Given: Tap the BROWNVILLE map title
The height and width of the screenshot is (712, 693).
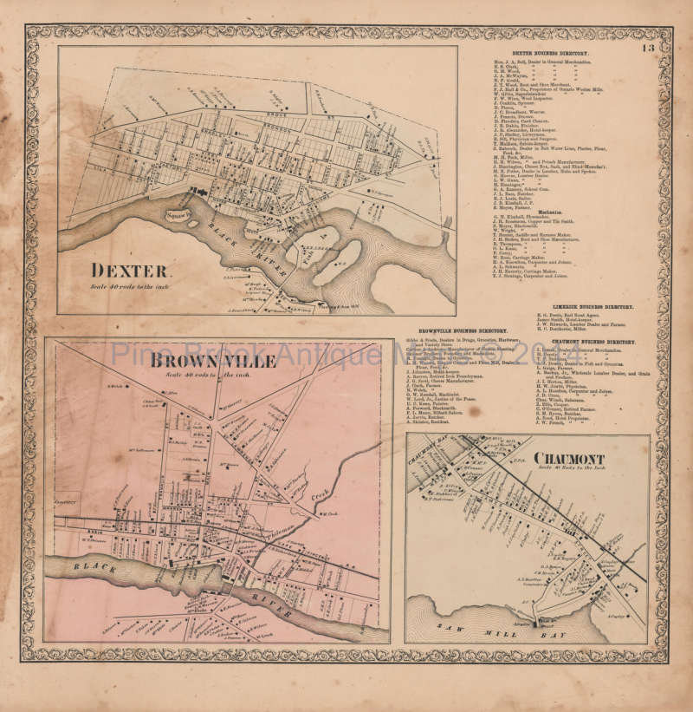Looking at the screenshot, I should coord(212,361).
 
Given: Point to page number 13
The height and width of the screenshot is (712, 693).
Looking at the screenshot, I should coord(649,48).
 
